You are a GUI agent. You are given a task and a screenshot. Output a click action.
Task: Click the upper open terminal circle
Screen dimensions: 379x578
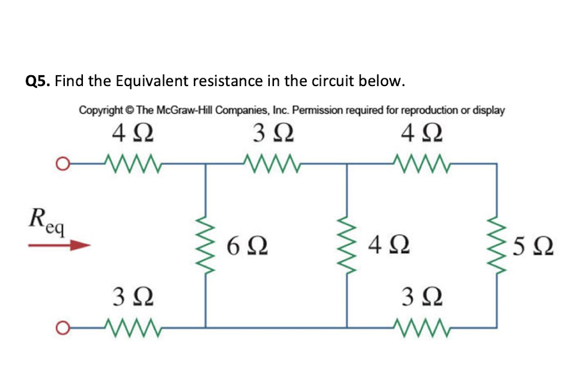59,162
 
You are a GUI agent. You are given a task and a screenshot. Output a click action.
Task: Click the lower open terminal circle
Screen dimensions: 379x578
59,328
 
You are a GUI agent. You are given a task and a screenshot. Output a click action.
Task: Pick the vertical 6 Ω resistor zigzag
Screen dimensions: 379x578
207,245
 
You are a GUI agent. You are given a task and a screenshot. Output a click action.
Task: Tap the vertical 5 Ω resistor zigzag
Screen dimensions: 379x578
496,245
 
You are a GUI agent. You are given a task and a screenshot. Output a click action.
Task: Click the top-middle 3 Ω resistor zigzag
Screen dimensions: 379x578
272,162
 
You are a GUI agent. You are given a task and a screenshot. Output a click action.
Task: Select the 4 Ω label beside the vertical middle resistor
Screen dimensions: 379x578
389,245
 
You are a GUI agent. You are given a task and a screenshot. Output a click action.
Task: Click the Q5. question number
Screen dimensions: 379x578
38,81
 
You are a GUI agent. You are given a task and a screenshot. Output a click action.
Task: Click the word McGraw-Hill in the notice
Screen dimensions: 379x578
184,111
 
